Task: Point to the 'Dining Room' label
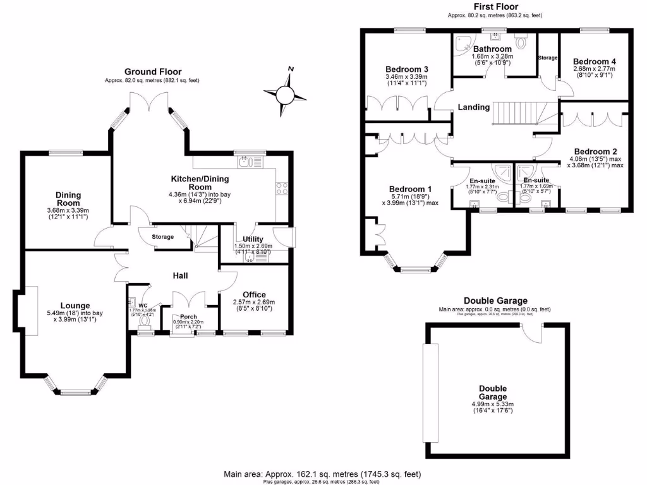tap(68, 199)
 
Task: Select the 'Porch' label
tap(188, 316)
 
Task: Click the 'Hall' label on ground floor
tap(181, 275)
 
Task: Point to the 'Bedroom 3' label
tap(407, 69)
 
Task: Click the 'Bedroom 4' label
tap(594, 61)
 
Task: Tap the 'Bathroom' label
tap(492, 49)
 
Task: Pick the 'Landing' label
tap(474, 107)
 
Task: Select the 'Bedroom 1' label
tap(410, 189)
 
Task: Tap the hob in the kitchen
tap(282, 188)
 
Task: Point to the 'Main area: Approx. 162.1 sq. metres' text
tap(323, 474)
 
